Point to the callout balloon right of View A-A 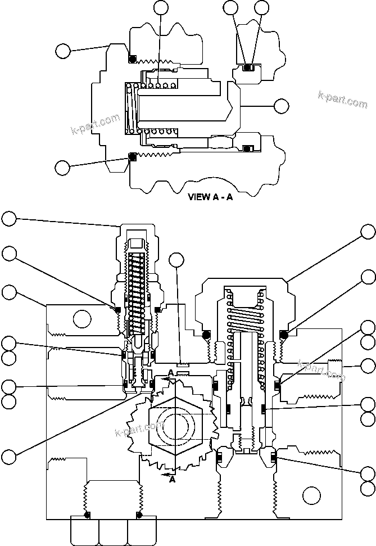280,105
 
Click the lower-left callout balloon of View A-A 64,167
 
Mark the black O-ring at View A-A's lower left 132,156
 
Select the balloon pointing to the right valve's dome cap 368,231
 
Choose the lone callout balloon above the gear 177,260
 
